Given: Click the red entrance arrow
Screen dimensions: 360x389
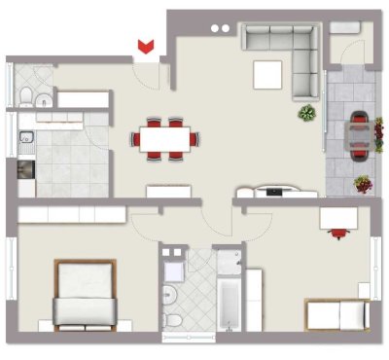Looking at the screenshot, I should (x=146, y=46).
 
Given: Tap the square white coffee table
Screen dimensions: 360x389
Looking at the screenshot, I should (x=267, y=73).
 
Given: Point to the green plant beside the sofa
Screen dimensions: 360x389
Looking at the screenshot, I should (x=307, y=113).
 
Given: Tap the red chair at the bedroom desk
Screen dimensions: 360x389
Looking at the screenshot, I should (x=337, y=232).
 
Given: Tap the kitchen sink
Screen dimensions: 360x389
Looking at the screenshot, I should (x=26, y=138).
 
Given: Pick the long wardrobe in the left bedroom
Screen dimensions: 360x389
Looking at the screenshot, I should (x=70, y=213).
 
